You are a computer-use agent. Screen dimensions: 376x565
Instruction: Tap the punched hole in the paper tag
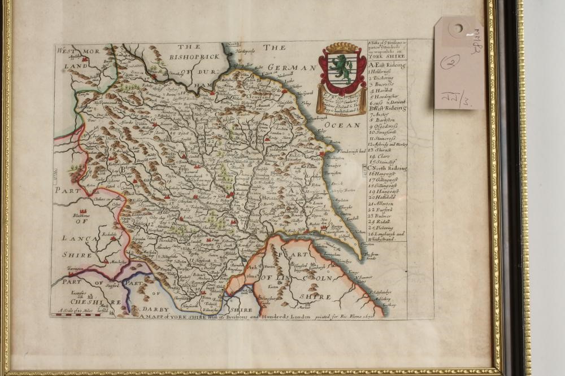click(456, 28)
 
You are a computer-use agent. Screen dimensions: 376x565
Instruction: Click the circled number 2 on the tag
click(450, 61)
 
